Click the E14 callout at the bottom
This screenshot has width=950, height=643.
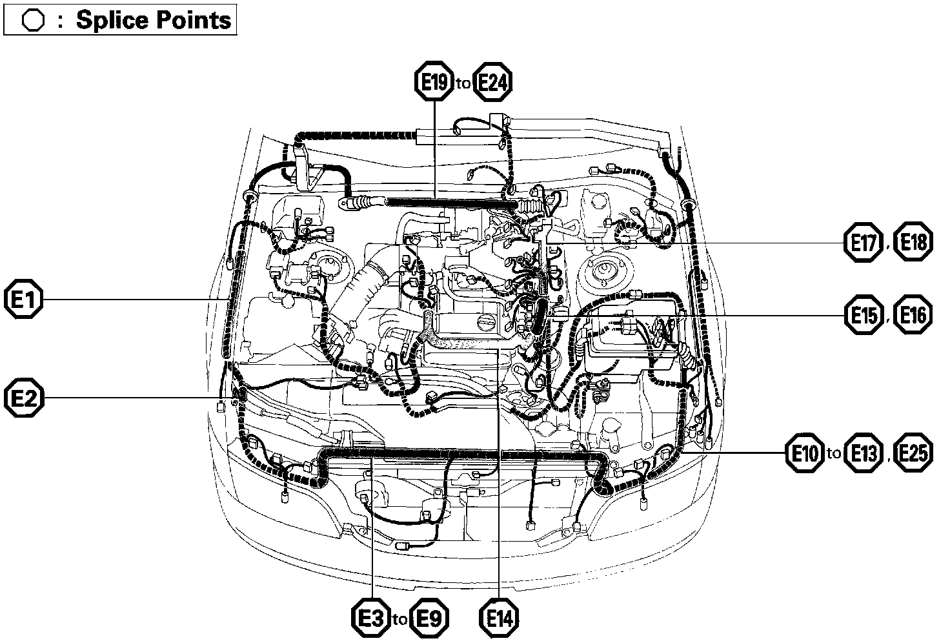tap(500, 618)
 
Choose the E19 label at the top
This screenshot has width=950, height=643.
tap(434, 82)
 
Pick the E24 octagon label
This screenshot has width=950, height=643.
tap(494, 82)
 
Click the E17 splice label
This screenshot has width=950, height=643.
tap(864, 243)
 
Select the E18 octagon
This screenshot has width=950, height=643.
tap(913, 243)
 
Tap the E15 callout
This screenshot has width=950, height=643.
tap(864, 316)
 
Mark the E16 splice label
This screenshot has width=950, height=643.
tap(913, 316)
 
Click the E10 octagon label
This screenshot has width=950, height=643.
tap(805, 453)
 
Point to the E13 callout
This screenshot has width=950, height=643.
tap(864, 453)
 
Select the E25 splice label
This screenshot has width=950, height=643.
tap(913, 453)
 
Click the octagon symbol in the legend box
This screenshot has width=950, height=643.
tap(33, 21)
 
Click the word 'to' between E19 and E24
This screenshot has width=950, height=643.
tap(463, 83)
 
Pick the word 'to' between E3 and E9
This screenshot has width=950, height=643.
tap(399, 620)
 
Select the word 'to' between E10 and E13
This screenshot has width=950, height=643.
tap(834, 454)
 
